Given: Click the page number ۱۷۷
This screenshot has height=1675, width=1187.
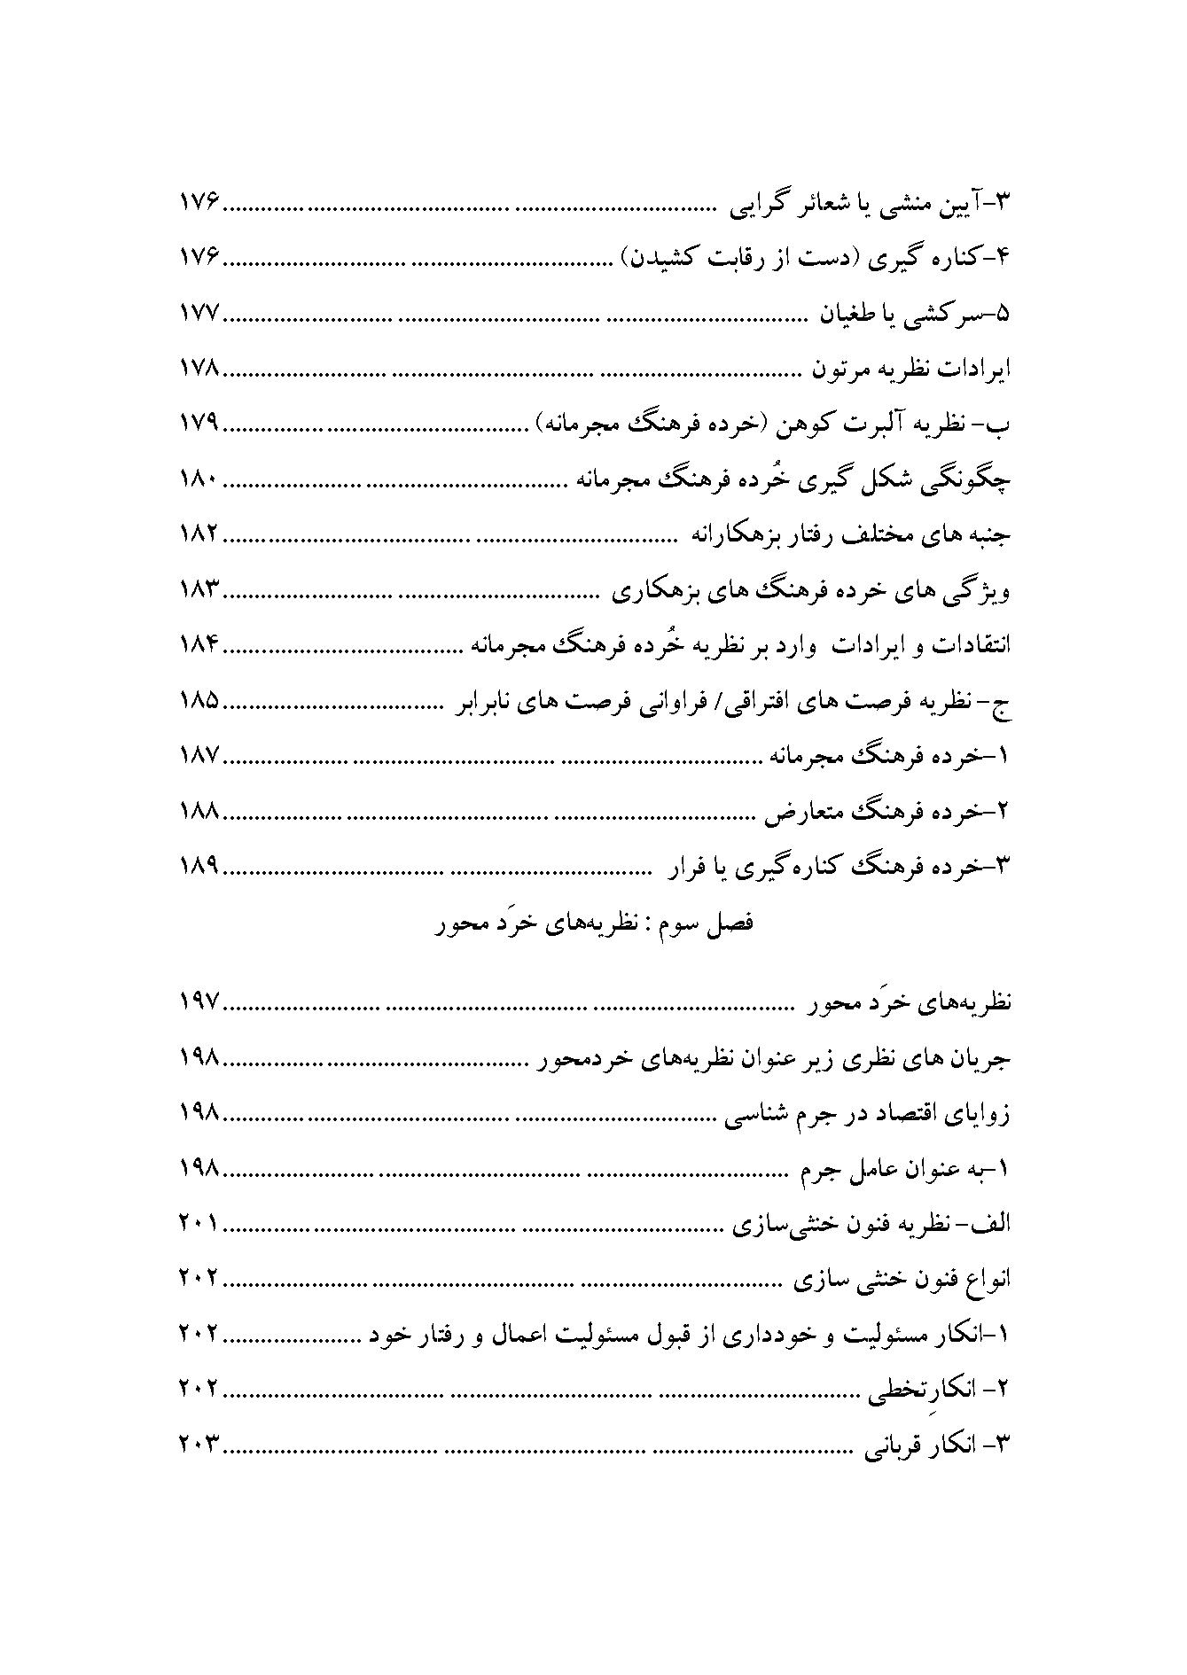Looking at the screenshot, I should (x=199, y=314).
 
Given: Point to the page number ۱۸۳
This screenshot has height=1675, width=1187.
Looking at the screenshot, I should (x=199, y=590).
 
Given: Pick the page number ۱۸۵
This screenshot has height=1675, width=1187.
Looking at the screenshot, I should (x=199, y=701).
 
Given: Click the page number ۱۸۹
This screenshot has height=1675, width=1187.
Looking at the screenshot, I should (x=199, y=866).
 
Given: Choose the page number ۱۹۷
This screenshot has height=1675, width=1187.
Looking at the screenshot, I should (x=199, y=1002).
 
